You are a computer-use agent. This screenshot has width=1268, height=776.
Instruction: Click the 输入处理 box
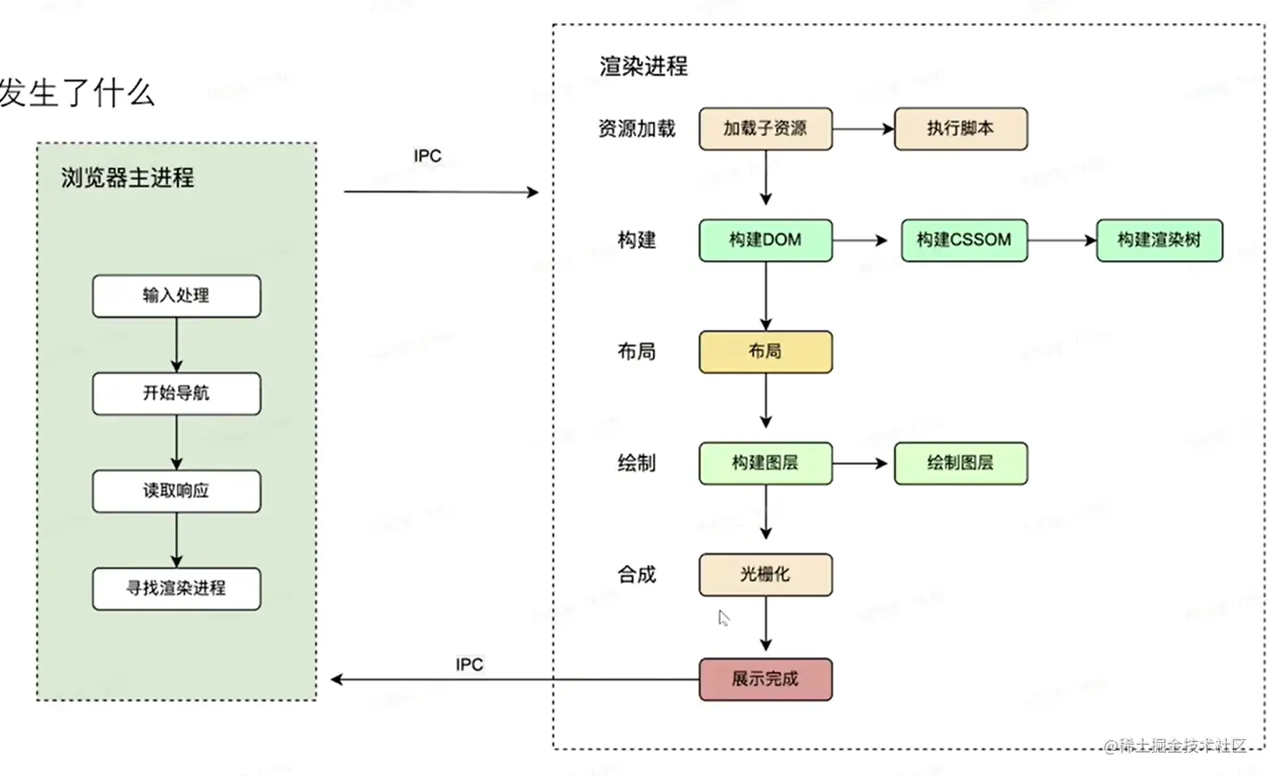click(x=176, y=296)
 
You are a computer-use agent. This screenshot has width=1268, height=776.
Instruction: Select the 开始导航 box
click(x=176, y=393)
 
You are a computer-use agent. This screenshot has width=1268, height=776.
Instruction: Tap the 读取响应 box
click(x=176, y=491)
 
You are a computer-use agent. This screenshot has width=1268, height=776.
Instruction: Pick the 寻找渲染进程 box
click(x=176, y=588)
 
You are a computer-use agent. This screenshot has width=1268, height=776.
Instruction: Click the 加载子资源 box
click(x=765, y=129)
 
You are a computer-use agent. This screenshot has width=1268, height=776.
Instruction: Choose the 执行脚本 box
click(x=960, y=129)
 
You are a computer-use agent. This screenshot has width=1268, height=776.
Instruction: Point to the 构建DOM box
click(x=765, y=240)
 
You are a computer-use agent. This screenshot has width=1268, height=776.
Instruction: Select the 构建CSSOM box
click(x=964, y=240)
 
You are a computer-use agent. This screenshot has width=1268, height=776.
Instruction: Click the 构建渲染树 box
click(x=1159, y=240)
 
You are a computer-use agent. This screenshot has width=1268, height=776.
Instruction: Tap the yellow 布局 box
click(x=765, y=352)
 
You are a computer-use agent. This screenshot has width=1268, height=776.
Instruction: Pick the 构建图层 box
click(x=765, y=463)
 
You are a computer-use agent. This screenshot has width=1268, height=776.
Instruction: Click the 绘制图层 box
click(x=960, y=463)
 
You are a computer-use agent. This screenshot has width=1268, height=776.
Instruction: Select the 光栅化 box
click(x=765, y=575)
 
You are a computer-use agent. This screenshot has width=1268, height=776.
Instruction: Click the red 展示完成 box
click(x=765, y=679)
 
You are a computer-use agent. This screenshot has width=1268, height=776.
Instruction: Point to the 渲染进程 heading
click(x=644, y=66)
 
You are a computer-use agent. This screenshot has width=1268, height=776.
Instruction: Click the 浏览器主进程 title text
click(x=128, y=178)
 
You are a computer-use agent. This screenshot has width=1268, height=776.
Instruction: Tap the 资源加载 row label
click(x=637, y=129)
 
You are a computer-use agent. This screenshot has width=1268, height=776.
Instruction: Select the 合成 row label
click(x=637, y=575)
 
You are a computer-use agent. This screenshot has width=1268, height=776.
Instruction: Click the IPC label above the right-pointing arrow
click(x=427, y=156)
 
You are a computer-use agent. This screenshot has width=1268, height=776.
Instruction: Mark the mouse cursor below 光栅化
click(x=723, y=618)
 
